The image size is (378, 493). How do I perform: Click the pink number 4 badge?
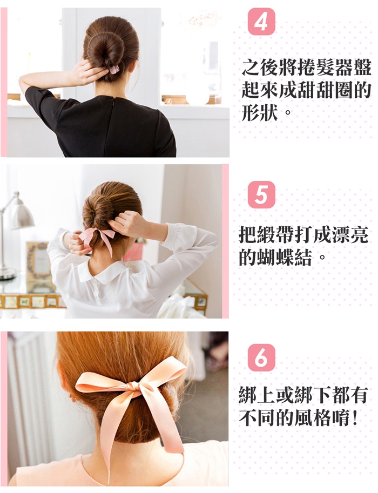tap(261, 22)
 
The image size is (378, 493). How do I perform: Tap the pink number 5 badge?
tap(261, 194)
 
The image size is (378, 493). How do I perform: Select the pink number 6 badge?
tap(261, 357)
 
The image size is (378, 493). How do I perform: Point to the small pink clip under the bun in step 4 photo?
tap(113, 69)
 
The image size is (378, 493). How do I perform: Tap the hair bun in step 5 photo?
tap(98, 210)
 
